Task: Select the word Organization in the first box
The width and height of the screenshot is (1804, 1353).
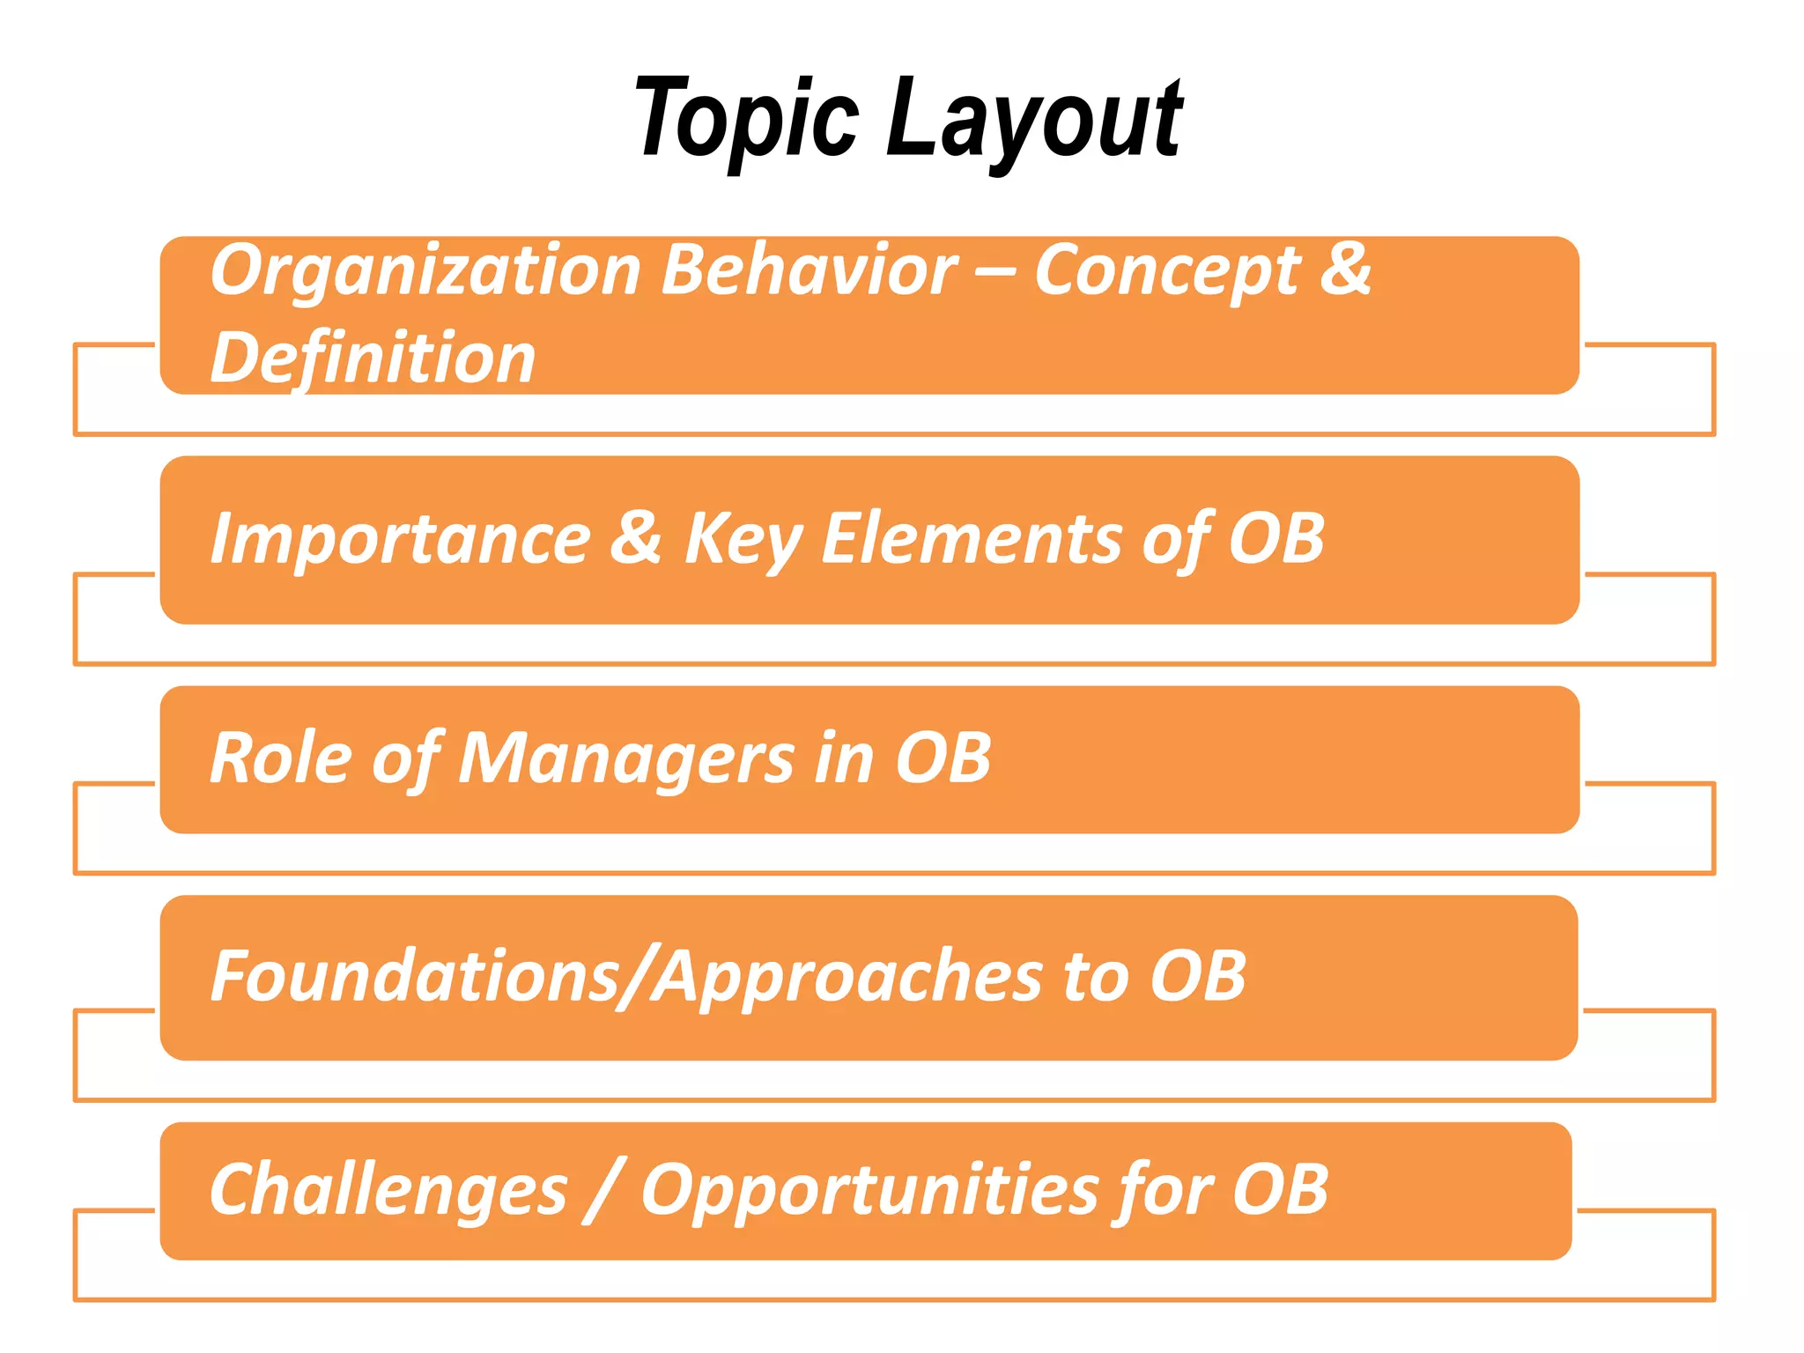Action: click(x=425, y=272)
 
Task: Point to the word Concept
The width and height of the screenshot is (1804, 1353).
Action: click(x=1166, y=272)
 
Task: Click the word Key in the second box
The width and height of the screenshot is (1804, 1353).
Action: click(x=742, y=540)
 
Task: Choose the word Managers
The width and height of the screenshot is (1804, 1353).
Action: click(x=625, y=759)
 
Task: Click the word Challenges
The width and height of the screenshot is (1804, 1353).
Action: click(x=388, y=1191)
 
